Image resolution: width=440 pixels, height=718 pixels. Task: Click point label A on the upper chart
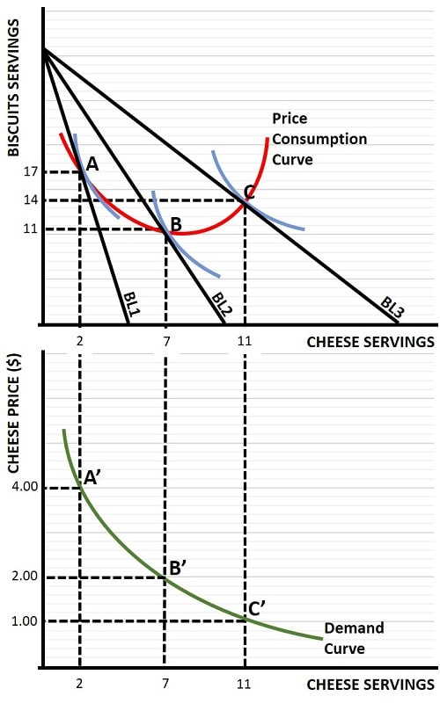pos(92,164)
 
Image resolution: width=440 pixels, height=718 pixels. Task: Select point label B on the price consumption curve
pos(176,225)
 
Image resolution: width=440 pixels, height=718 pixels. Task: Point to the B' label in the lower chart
pos(176,568)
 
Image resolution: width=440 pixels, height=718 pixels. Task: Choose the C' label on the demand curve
pos(256,607)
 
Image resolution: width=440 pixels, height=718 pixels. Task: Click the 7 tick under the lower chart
pos(165,683)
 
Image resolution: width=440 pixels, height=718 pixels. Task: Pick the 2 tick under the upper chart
pos(80,341)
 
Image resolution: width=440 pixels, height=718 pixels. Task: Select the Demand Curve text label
pos(354,638)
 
